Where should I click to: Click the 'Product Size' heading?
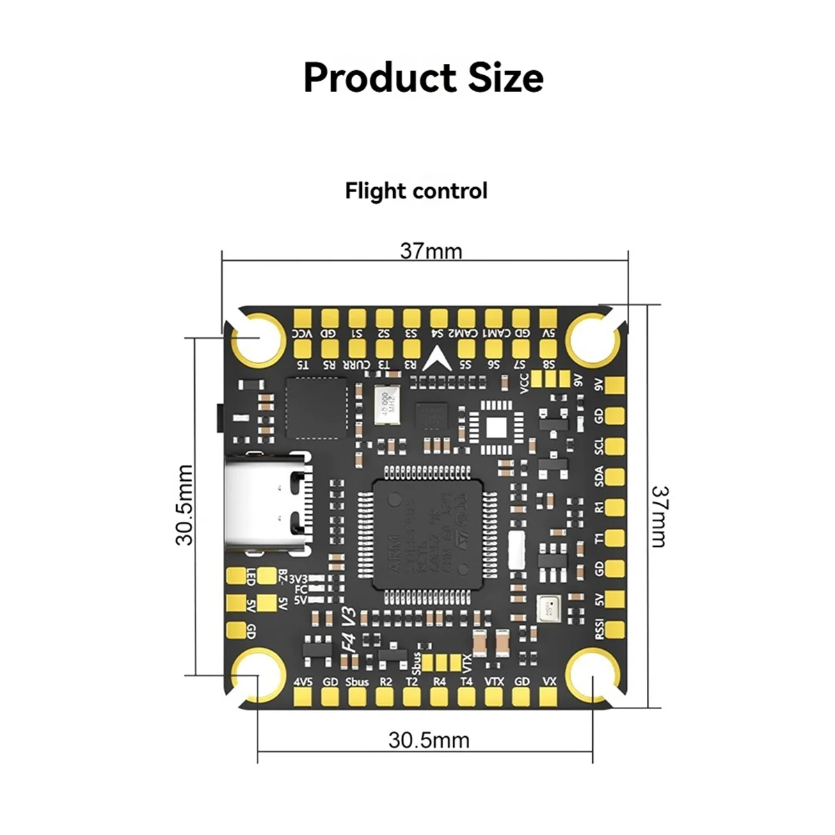[x=423, y=77]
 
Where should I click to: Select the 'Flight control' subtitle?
[x=416, y=191]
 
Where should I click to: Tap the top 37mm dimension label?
[x=431, y=250]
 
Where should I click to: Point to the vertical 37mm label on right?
[x=659, y=516]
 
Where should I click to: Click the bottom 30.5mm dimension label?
[x=429, y=740]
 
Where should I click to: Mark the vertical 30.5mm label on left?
[x=184, y=505]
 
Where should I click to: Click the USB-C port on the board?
[x=268, y=501]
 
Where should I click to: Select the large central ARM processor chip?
[x=428, y=534]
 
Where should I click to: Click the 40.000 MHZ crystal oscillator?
[x=384, y=406]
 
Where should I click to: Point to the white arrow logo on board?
[x=440, y=358]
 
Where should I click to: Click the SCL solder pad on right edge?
[x=614, y=446]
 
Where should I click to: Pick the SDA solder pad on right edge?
[x=614, y=477]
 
